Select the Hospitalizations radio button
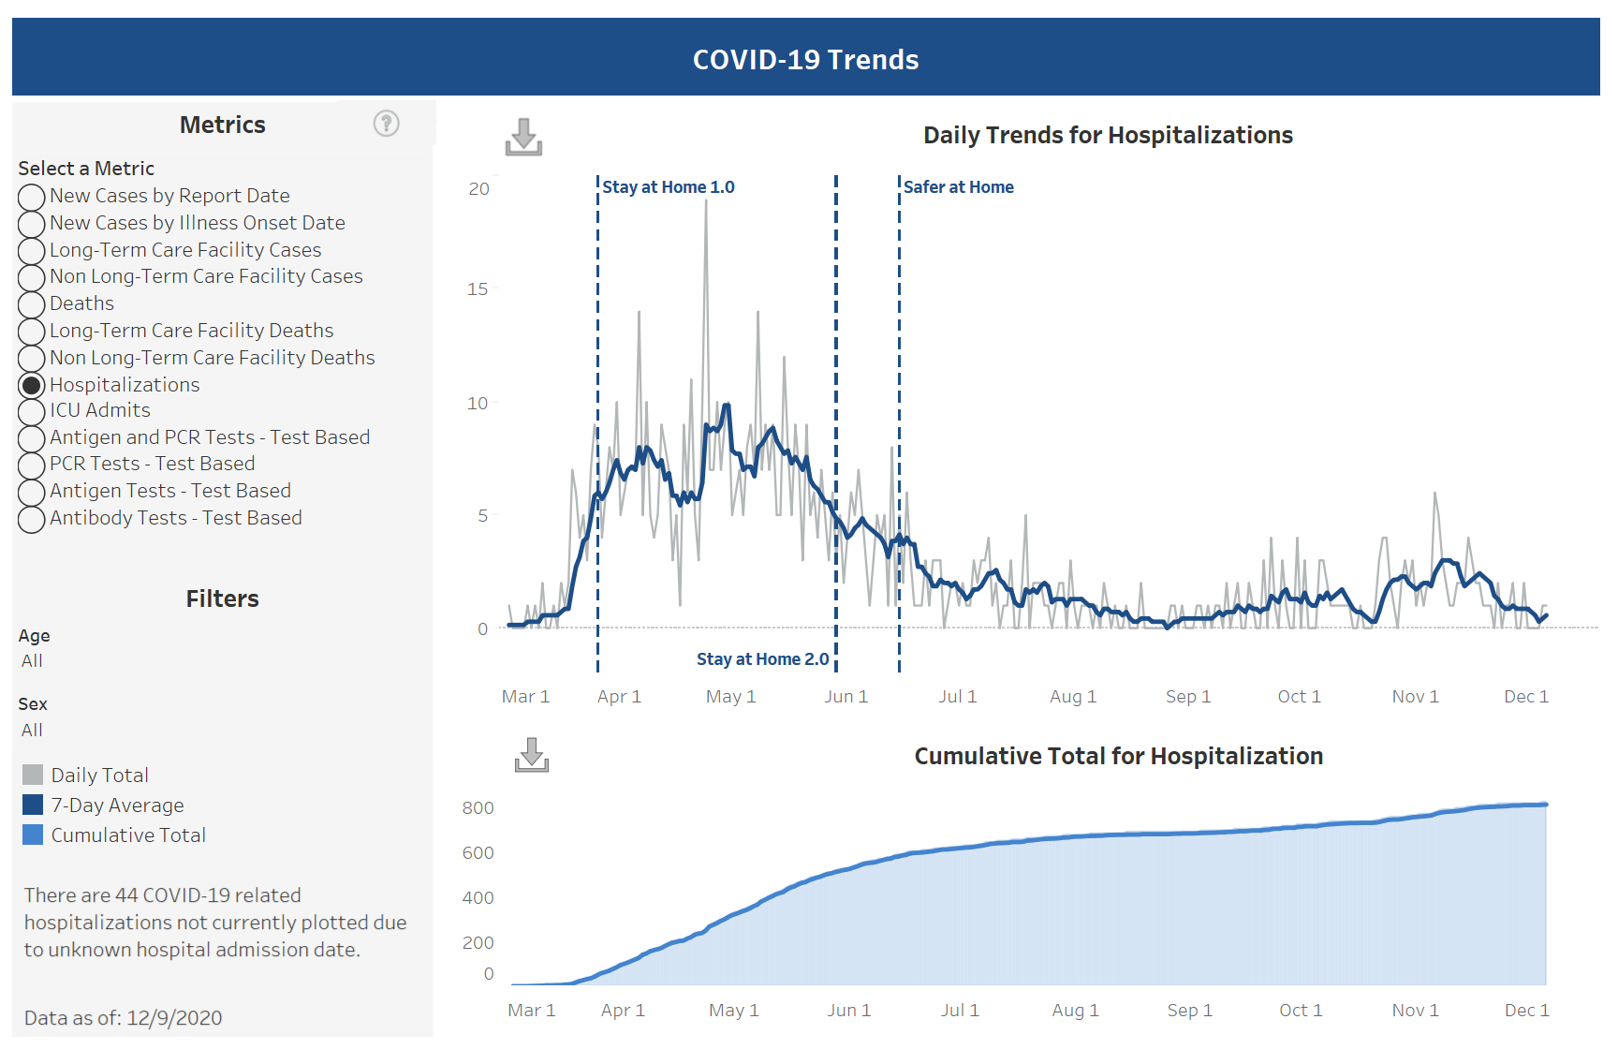coord(32,385)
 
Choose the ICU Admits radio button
coord(32,411)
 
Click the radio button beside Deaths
coord(32,304)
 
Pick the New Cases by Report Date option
coord(32,197)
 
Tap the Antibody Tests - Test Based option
coord(32,519)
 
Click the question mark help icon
coord(386,124)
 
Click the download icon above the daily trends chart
coord(523,137)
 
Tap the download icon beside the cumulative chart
coord(532,755)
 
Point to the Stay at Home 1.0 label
coord(668,187)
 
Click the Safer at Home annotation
coord(958,187)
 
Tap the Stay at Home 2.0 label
coord(762,659)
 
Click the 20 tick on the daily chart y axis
coord(478,189)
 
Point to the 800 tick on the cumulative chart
coord(478,808)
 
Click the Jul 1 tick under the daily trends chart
coord(957,697)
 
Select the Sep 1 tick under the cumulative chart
coord(1189,1011)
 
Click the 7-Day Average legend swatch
coord(33,805)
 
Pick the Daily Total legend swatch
coord(33,775)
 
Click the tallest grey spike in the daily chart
coord(706,202)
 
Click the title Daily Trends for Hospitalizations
coord(1108,136)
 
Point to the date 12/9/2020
coord(174,1018)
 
